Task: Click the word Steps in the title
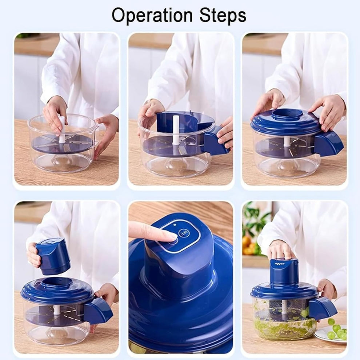tap(223, 15)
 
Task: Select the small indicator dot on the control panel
tap(175, 225)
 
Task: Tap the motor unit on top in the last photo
tap(284, 271)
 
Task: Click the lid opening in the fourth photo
tap(57, 282)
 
